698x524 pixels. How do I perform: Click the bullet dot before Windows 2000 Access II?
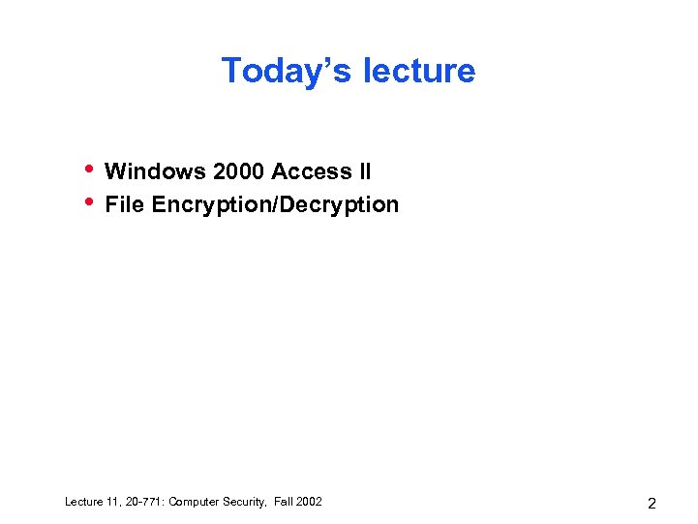[x=88, y=169]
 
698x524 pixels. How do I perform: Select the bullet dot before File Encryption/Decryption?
[x=88, y=201]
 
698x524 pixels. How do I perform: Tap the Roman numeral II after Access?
[x=364, y=172]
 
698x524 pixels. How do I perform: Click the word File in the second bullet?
[x=124, y=205]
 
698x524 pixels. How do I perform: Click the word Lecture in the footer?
[x=84, y=502]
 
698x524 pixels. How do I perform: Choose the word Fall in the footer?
[x=286, y=502]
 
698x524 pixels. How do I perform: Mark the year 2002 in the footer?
[x=310, y=502]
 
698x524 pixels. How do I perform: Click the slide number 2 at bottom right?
[x=652, y=504]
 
